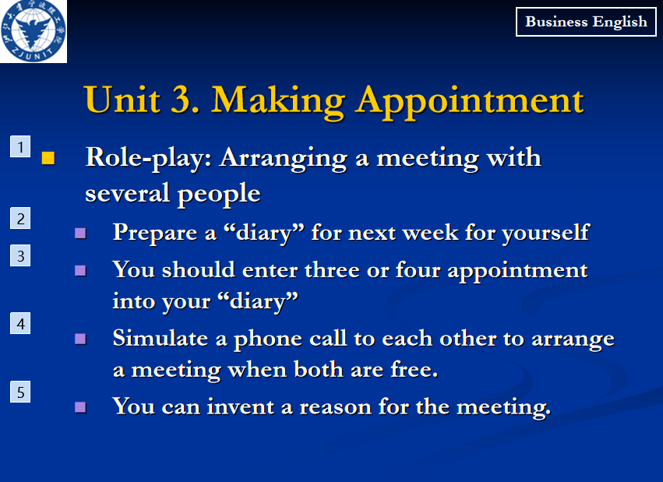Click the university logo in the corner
coord(34,31)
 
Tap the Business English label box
coord(586,22)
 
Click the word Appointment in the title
coord(469,102)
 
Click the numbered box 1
coord(20,146)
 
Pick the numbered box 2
coord(20,218)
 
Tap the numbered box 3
coord(20,255)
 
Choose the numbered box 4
coord(20,324)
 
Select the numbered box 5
coord(20,392)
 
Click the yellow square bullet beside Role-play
coord(48,158)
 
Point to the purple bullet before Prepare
coord(80,233)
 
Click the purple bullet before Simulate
coord(80,339)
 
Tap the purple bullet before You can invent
coord(80,406)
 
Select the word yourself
coord(546,233)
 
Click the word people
coord(219,195)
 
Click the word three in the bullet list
coord(332,269)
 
